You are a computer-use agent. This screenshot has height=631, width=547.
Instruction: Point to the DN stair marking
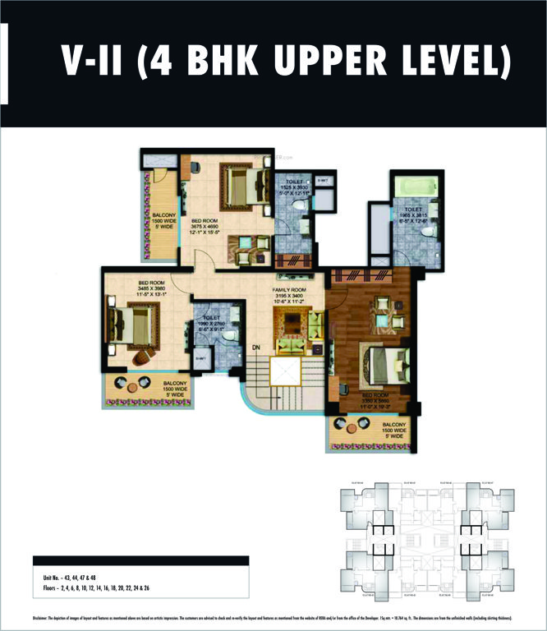[255, 348]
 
